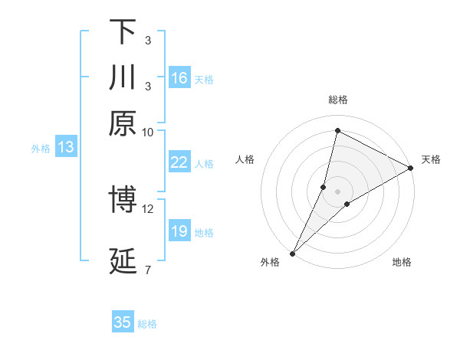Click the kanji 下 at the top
pos(123,31)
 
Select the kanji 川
pos(123,77)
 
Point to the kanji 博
pos(123,201)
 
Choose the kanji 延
pos(123,261)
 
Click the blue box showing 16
pos(179,78)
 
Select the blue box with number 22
pos(179,162)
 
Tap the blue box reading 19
pos(179,231)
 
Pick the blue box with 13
pos(65,147)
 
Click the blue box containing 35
pos(123,322)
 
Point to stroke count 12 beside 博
pos(148,208)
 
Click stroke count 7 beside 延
pos(148,269)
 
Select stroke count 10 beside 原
pos(148,131)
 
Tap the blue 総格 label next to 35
pos(147,324)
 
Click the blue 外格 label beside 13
pos(41,149)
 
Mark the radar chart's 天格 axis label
pos(431,159)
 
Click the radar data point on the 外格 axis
pos(293,253)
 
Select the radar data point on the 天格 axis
pos(412,169)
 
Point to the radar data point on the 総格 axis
pos(337,131)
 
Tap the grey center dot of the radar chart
pos(337,191)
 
